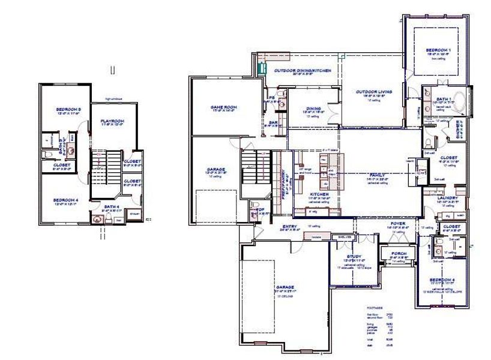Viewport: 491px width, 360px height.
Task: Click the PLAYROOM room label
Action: coord(112,121)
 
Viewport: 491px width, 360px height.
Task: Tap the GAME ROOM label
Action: coord(224,107)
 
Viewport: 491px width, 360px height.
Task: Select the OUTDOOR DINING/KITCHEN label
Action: coord(303,71)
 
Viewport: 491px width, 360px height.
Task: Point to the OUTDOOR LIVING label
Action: coord(373,92)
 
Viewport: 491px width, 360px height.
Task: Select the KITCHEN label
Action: coord(319,195)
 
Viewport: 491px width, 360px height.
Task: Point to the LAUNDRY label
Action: coord(448,198)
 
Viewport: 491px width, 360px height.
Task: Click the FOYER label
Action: coord(398,224)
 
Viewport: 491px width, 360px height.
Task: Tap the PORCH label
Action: coord(398,253)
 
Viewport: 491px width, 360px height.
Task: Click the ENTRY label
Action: coord(291,226)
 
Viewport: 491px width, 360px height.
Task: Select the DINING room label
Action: coord(313,109)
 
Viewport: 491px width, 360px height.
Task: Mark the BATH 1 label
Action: coord(444,98)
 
